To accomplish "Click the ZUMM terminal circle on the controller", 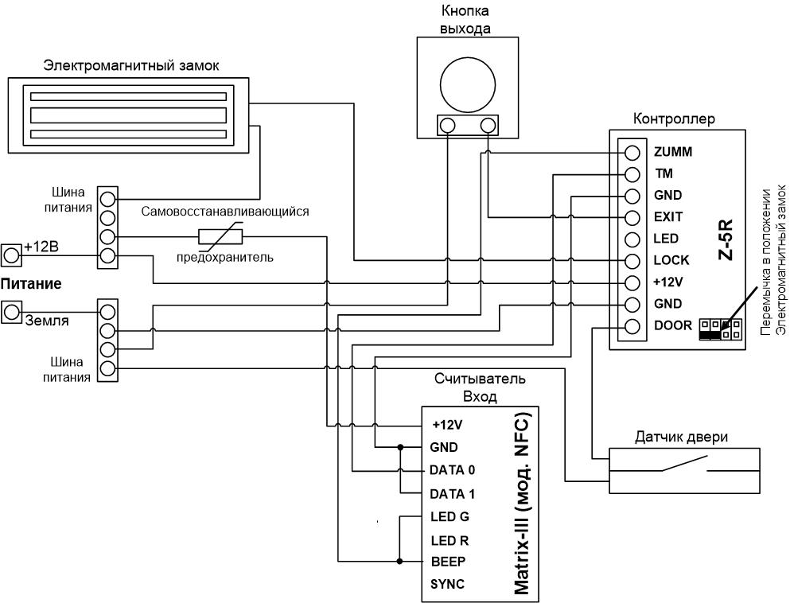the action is pyautogui.click(x=632, y=152).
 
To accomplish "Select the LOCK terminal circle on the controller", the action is pyautogui.click(x=632, y=261).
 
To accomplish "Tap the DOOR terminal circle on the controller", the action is pyautogui.click(x=632, y=326).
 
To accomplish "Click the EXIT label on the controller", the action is pyautogui.click(x=668, y=217).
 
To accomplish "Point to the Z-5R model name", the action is pyautogui.click(x=726, y=239).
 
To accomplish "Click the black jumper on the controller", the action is pyautogui.click(x=710, y=334).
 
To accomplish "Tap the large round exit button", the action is pyautogui.click(x=468, y=84).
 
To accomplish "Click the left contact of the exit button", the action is pyautogui.click(x=447, y=126).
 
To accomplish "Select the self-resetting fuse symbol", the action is pyautogui.click(x=220, y=235).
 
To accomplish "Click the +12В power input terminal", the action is pyautogui.click(x=11, y=255).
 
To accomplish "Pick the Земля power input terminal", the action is pyautogui.click(x=11, y=313).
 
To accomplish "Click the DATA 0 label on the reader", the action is pyautogui.click(x=452, y=470).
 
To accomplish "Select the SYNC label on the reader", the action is pyautogui.click(x=447, y=585).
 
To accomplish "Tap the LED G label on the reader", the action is pyautogui.click(x=449, y=517).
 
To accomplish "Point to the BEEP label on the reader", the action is pyautogui.click(x=448, y=561).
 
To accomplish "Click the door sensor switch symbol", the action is pyautogui.click(x=684, y=464).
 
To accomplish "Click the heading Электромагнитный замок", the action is pyautogui.click(x=131, y=65).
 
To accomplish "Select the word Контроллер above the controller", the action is pyautogui.click(x=674, y=119).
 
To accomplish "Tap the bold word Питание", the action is pyautogui.click(x=31, y=284).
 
